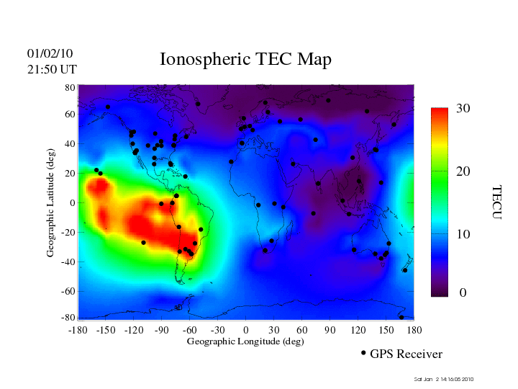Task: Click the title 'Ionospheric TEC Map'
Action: click(245, 59)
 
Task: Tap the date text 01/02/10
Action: click(50, 53)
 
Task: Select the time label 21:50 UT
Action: click(52, 69)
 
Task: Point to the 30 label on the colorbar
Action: click(463, 108)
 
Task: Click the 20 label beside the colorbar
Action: click(463, 172)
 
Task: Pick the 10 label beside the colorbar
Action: click(463, 234)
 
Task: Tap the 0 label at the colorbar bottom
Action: click(463, 293)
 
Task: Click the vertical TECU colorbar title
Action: click(496, 202)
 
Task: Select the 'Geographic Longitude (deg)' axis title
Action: click(245, 341)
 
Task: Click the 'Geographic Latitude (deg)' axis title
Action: click(51, 207)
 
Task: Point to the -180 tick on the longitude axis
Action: click(77, 329)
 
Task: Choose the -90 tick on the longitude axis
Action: click(161, 329)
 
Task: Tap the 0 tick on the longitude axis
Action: click(246, 329)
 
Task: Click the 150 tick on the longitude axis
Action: click(386, 329)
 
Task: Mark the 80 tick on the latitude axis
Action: click(70, 86)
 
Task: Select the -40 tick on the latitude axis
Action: click(68, 262)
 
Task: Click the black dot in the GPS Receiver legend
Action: click(363, 353)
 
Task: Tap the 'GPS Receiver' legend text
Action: click(406, 354)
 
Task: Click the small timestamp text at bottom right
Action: click(445, 379)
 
